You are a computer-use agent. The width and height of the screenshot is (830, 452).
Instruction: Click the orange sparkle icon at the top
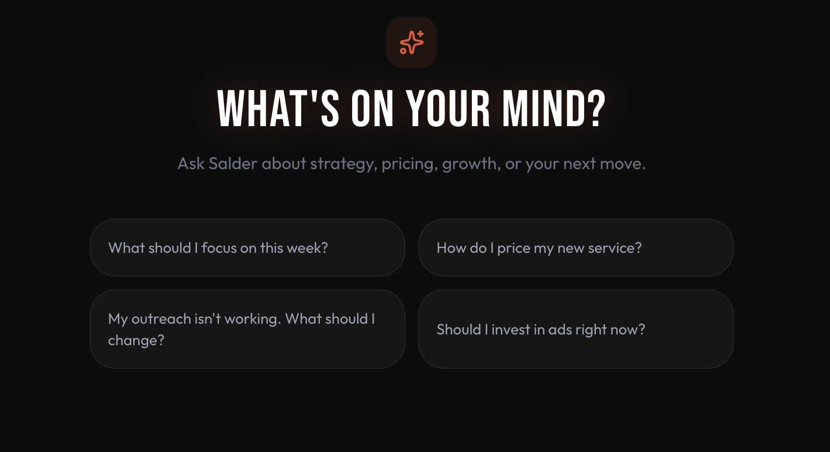coord(412,42)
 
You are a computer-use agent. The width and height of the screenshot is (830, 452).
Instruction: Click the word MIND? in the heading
coord(554,109)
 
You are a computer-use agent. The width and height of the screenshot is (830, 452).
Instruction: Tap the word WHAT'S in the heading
coord(278,109)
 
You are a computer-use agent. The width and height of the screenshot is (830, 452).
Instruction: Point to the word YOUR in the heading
coord(448,109)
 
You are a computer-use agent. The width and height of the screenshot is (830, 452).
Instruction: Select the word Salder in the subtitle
coord(233,163)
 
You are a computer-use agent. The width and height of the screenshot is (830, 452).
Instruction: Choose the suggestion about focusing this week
coord(247,247)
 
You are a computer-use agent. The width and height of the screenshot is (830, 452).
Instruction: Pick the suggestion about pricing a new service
coord(576,247)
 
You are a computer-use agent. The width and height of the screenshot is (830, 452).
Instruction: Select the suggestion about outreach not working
coord(247,329)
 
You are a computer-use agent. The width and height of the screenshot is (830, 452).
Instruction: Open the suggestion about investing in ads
coord(576,329)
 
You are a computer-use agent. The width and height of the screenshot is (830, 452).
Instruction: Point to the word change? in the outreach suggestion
coord(136,340)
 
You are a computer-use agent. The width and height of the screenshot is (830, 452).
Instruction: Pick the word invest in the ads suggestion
coord(511,330)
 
